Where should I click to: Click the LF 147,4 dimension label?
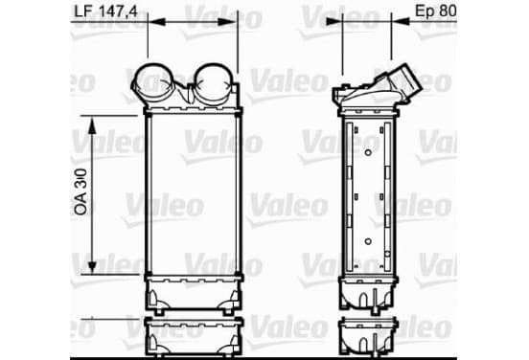[x=106, y=11]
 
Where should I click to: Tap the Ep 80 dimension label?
[x=435, y=11]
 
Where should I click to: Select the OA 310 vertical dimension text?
[x=80, y=191]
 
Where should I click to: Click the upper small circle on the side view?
[x=368, y=152]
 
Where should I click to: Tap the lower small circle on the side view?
[x=368, y=241]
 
